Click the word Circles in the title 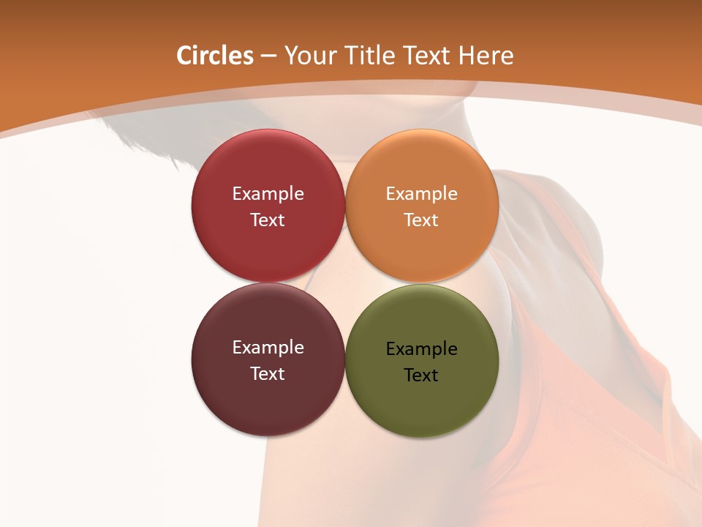coord(214,56)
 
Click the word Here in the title coord(486,56)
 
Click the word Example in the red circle coord(268,194)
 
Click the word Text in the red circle coord(268,220)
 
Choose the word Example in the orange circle coord(422,194)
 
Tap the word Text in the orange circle coord(422,220)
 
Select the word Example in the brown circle coord(268,348)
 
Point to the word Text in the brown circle coord(268,374)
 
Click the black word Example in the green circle coord(422,349)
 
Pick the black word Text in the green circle coord(422,375)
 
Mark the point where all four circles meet coord(345,283)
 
